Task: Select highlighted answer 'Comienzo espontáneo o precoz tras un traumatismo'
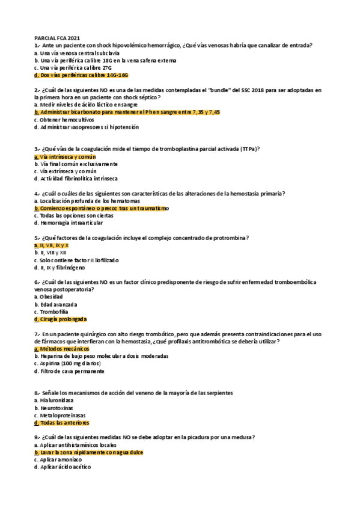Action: pyautogui.click(x=102, y=208)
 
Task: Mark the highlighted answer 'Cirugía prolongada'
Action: pyautogui.click(x=61, y=319)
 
